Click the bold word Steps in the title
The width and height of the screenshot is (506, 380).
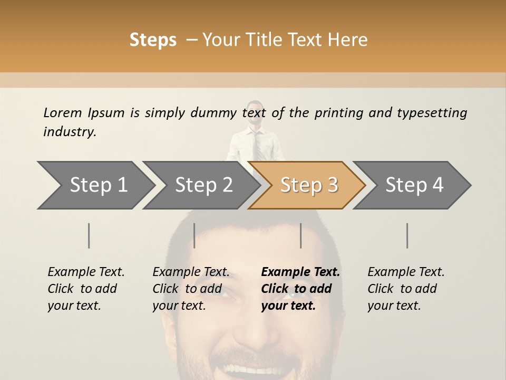click(153, 40)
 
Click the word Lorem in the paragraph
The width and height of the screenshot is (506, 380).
click(62, 112)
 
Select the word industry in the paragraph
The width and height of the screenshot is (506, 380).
click(69, 132)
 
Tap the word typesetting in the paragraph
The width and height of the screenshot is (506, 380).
click(432, 113)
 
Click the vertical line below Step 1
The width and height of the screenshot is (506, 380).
click(89, 235)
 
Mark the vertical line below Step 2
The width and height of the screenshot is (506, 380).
click(194, 235)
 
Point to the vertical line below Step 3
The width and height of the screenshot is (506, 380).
click(301, 235)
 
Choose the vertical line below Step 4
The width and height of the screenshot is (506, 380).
click(407, 235)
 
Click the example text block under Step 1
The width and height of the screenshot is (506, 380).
click(85, 289)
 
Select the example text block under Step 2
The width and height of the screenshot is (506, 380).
click(190, 289)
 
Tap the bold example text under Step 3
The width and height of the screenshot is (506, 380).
click(299, 289)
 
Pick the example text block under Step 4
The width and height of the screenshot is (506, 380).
click(405, 289)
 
